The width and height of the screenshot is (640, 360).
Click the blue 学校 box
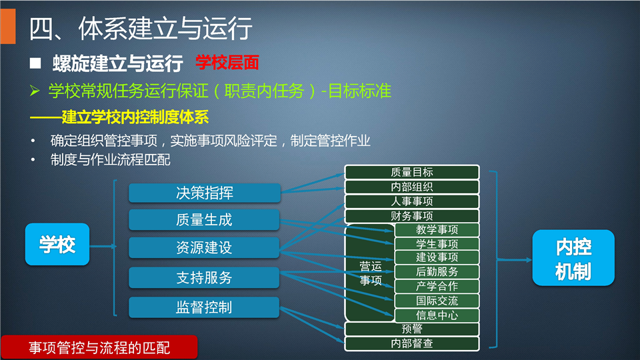pos(57,244)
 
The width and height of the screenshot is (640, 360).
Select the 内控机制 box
pos(573,257)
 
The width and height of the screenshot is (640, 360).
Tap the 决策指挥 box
pos(205,193)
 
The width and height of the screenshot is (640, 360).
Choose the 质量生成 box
pos(204,219)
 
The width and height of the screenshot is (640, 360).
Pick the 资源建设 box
pos(204,247)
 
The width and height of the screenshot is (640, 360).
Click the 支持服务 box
pos(204,277)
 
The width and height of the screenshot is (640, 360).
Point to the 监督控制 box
pos(204,307)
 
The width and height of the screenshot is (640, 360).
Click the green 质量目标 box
pos(412,172)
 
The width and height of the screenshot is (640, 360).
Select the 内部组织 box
pos(412,187)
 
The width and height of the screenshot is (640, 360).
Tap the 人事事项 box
pos(412,201)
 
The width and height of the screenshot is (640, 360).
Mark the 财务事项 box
pos(412,216)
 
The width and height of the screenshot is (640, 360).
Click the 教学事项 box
pos(437,230)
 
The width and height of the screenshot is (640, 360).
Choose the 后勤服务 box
pos(437,272)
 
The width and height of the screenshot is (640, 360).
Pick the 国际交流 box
pos(437,301)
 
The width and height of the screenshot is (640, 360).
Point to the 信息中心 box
pos(437,315)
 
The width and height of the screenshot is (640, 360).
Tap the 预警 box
pos(412,329)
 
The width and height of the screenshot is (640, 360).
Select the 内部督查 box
pos(412,344)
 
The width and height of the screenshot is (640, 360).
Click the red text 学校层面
pos(227,63)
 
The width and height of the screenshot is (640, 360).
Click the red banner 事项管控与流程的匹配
pos(99,347)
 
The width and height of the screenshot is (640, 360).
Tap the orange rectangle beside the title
pos(8,26)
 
